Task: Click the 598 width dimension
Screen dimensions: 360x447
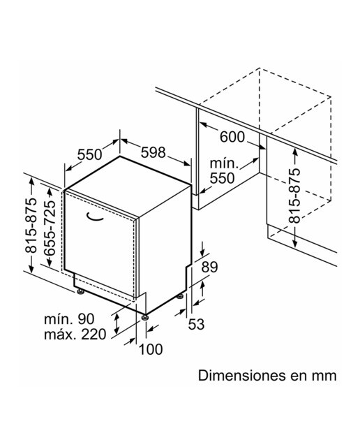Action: click(153, 153)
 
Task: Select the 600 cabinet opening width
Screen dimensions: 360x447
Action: click(232, 137)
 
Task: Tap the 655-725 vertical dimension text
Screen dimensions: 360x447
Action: click(50, 228)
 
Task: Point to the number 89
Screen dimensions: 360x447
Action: click(209, 267)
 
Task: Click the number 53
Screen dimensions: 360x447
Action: click(197, 324)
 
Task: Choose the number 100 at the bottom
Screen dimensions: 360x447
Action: click(151, 349)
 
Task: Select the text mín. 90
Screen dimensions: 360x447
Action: click(69, 319)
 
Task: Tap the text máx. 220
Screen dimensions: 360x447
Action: click(75, 335)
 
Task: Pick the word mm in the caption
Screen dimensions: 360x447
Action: click(324, 376)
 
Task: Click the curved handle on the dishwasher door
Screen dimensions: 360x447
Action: click(94, 217)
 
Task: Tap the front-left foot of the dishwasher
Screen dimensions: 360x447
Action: click(81, 292)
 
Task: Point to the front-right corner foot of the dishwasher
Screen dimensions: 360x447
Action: click(145, 317)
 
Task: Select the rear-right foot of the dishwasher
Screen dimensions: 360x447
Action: click(180, 296)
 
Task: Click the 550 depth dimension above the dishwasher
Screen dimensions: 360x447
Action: click(89, 155)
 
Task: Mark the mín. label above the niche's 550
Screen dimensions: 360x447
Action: click(224, 164)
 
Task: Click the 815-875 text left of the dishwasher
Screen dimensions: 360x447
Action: click(31, 226)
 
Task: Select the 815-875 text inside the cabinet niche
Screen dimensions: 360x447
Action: click(294, 196)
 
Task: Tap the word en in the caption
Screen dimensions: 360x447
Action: click(299, 376)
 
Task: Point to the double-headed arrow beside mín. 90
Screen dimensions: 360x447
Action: click(117, 324)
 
